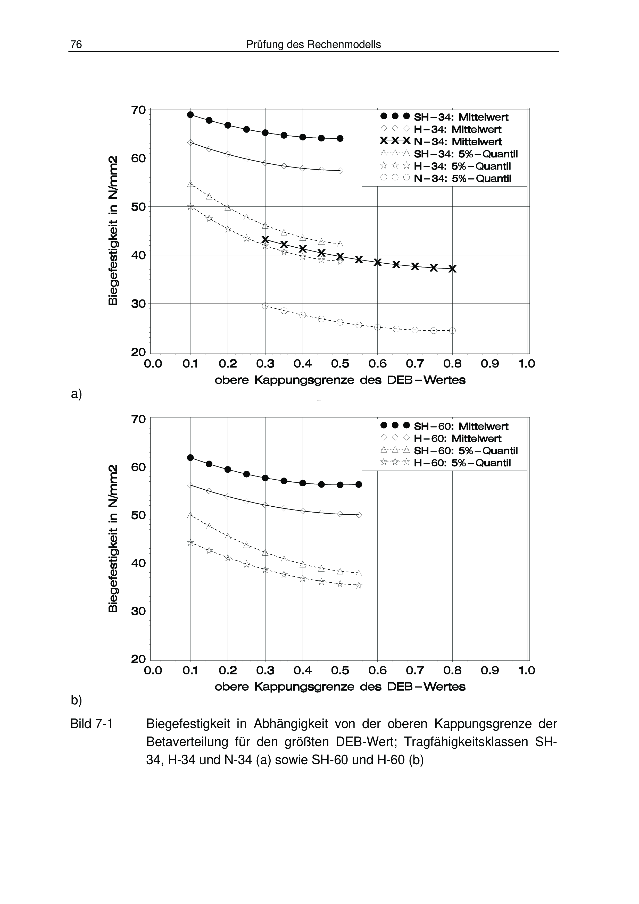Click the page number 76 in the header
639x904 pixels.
tap(76, 45)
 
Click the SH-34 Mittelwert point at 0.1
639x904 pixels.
tap(190, 115)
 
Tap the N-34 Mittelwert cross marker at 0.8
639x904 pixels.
tap(452, 269)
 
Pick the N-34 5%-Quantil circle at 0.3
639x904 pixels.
tap(265, 306)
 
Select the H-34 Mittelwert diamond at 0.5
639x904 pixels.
tap(340, 171)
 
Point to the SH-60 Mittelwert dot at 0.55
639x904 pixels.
tap(359, 484)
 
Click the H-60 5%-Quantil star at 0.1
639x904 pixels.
tap(190, 543)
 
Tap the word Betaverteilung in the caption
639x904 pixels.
tap(187, 742)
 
